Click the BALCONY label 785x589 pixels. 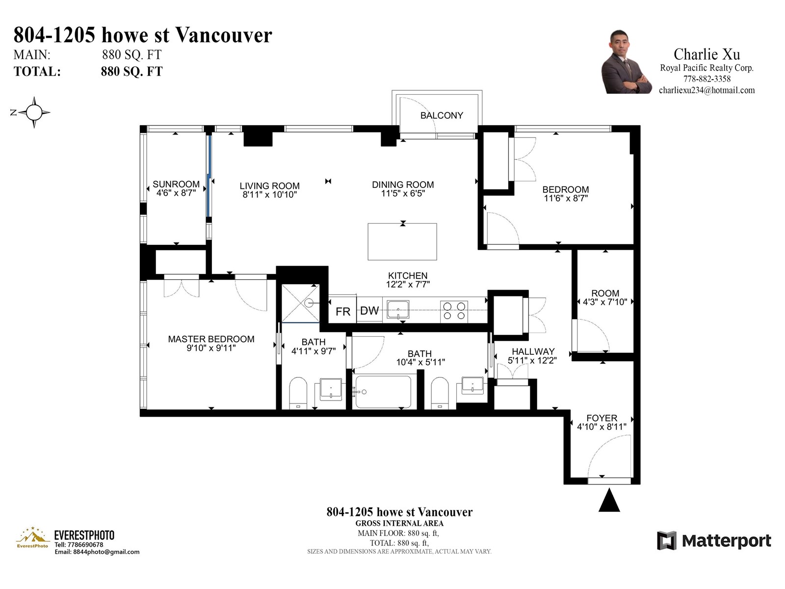tap(441, 115)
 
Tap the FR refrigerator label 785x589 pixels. tap(343, 312)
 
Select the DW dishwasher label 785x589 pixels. tap(369, 311)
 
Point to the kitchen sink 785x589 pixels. tap(398, 310)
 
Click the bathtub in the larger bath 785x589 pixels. tap(383, 392)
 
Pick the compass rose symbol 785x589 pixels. tap(34, 112)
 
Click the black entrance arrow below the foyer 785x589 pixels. tap(609, 500)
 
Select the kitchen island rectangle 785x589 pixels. tap(402, 242)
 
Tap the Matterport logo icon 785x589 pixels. tap(666, 540)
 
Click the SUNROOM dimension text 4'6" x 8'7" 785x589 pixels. tap(176, 193)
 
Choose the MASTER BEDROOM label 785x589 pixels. tap(211, 339)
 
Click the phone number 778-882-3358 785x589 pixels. tap(706, 79)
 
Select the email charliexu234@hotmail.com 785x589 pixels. tap(706, 90)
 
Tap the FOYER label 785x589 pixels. tap(602, 418)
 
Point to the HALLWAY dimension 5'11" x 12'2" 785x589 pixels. tap(532, 360)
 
